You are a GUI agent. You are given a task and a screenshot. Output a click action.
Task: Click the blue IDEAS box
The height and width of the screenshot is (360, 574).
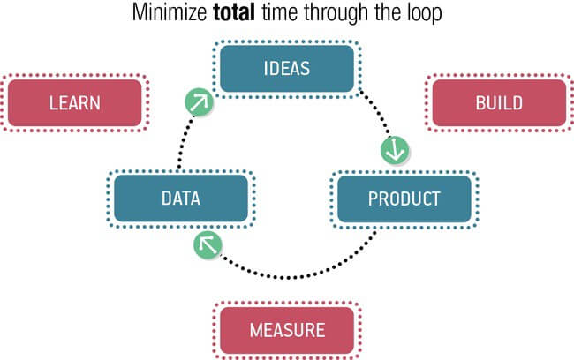coord(287,68)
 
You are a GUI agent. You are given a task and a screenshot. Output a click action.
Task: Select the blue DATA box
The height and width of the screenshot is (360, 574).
coord(180,198)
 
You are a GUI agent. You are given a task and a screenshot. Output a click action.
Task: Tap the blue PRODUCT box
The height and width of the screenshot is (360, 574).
coord(404,198)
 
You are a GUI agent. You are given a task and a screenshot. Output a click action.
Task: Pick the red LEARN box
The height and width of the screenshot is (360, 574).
coord(74,102)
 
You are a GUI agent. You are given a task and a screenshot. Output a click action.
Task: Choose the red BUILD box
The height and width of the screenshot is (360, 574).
coord(499,102)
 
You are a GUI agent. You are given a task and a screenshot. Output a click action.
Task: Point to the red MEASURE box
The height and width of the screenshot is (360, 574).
coord(287,331)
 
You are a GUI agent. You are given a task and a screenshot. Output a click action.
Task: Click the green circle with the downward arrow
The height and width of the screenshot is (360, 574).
coord(394,150)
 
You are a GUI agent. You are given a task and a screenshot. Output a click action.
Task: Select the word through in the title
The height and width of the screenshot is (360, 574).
coord(337,15)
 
